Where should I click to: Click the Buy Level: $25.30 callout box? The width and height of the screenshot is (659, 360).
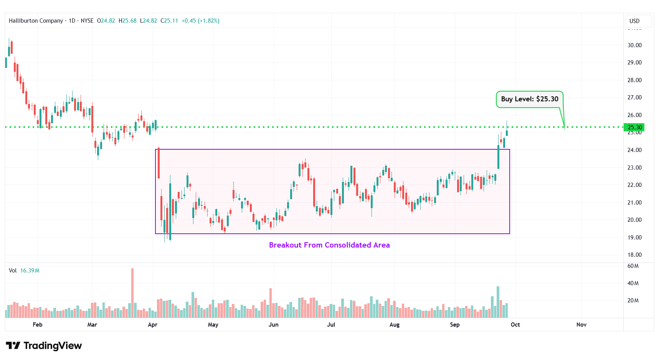(529, 99)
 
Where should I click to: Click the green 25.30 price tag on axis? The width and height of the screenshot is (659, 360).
(634, 127)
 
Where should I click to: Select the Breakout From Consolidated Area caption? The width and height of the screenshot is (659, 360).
(329, 245)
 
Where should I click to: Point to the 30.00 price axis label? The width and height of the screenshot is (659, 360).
(634, 45)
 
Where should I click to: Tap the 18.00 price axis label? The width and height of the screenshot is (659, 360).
(634, 255)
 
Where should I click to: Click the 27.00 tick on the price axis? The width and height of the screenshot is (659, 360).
(634, 97)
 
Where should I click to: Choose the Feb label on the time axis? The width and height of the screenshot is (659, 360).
(38, 325)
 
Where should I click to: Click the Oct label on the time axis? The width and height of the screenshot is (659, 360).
(515, 325)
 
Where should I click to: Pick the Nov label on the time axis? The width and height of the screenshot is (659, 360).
(581, 325)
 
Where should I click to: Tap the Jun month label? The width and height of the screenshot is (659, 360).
(273, 325)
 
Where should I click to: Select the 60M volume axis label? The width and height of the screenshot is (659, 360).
(633, 266)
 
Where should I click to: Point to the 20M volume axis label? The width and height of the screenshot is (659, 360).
(633, 301)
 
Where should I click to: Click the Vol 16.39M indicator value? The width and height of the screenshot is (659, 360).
(30, 271)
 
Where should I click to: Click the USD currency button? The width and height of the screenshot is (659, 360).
(634, 21)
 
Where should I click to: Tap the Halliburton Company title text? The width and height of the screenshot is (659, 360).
(36, 21)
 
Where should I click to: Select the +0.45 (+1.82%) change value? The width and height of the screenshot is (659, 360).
(200, 21)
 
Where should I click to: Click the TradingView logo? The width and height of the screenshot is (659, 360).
(44, 346)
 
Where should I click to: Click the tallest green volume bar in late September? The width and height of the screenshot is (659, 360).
(498, 302)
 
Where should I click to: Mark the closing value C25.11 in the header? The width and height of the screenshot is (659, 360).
(169, 21)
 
